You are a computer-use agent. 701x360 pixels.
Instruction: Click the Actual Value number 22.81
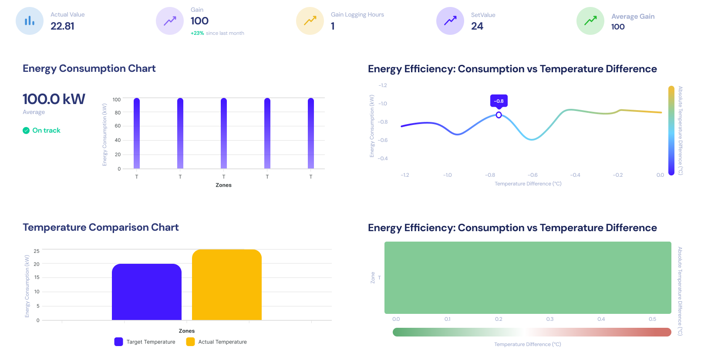(62, 26)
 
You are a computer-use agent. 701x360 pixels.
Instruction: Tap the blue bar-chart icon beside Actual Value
(30, 21)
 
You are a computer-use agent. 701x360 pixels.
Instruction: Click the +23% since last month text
(217, 33)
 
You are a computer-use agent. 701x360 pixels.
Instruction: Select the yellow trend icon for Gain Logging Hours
(310, 21)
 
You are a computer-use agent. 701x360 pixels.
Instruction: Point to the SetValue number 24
(477, 26)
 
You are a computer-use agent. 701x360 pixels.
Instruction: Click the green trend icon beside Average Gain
(590, 21)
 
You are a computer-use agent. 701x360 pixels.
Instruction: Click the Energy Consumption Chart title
(89, 68)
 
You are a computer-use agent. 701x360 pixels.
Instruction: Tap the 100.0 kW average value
(54, 99)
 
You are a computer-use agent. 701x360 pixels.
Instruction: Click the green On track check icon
(26, 130)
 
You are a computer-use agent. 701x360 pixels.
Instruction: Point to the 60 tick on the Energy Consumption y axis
(118, 126)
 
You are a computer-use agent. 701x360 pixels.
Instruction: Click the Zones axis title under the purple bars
(223, 185)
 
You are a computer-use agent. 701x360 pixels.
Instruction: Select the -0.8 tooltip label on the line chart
(499, 101)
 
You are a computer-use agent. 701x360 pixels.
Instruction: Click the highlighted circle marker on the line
(499, 115)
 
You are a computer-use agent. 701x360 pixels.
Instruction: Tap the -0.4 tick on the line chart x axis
(575, 175)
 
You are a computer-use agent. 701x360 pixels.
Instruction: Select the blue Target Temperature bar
(147, 292)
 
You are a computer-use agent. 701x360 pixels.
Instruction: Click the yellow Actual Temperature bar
(227, 285)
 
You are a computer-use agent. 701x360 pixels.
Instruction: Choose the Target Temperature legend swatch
(118, 342)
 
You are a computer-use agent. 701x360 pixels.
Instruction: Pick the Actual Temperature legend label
(222, 342)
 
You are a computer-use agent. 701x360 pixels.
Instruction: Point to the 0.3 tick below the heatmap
(550, 319)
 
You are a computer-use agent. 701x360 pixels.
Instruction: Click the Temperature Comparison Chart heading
(101, 227)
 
